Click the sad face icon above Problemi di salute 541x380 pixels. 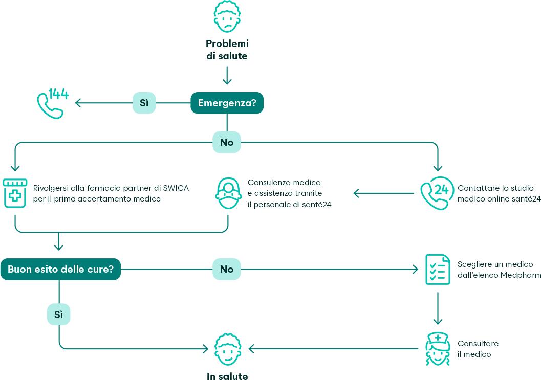[x=227, y=17]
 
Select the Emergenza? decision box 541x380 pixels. [x=227, y=103]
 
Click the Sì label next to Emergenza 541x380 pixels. [x=144, y=103]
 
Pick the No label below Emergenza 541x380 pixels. [x=227, y=142]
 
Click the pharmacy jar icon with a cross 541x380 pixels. [x=14, y=193]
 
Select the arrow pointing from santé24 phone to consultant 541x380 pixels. [x=384, y=193]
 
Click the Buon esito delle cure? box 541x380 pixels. [x=60, y=269]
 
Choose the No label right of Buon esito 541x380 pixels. [x=227, y=269]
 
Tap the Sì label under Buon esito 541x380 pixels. [x=58, y=315]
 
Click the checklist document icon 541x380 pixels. [x=438, y=269]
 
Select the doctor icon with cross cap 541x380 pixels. [x=437, y=349]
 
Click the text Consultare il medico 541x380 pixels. [x=478, y=349]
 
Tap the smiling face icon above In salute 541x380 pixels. [x=227, y=350]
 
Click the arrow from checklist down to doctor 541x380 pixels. [x=438, y=309]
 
